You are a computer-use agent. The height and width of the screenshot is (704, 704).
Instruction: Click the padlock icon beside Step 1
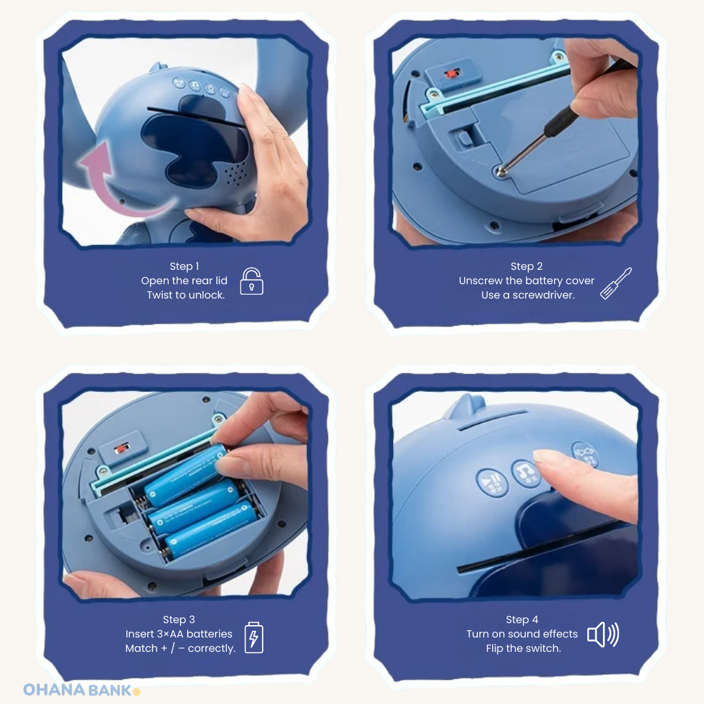[x=252, y=281]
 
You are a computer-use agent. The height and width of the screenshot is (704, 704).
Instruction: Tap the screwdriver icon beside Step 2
[x=615, y=284]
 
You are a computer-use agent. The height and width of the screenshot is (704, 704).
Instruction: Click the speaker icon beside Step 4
[x=603, y=634]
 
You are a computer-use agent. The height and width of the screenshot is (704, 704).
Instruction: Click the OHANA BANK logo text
[x=78, y=690]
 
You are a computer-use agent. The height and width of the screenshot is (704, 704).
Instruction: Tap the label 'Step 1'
[x=184, y=266]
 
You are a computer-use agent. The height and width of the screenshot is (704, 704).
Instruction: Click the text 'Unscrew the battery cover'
[x=527, y=280]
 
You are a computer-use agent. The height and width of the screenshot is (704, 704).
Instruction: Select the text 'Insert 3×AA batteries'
[x=179, y=634]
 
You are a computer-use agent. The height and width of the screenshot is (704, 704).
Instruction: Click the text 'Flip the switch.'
[x=523, y=648]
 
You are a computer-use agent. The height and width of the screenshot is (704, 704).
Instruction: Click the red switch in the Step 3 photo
[x=120, y=449]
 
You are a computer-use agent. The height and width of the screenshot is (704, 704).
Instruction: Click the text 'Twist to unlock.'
[x=186, y=295]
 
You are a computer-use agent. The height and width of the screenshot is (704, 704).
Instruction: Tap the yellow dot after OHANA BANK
[x=137, y=691]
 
